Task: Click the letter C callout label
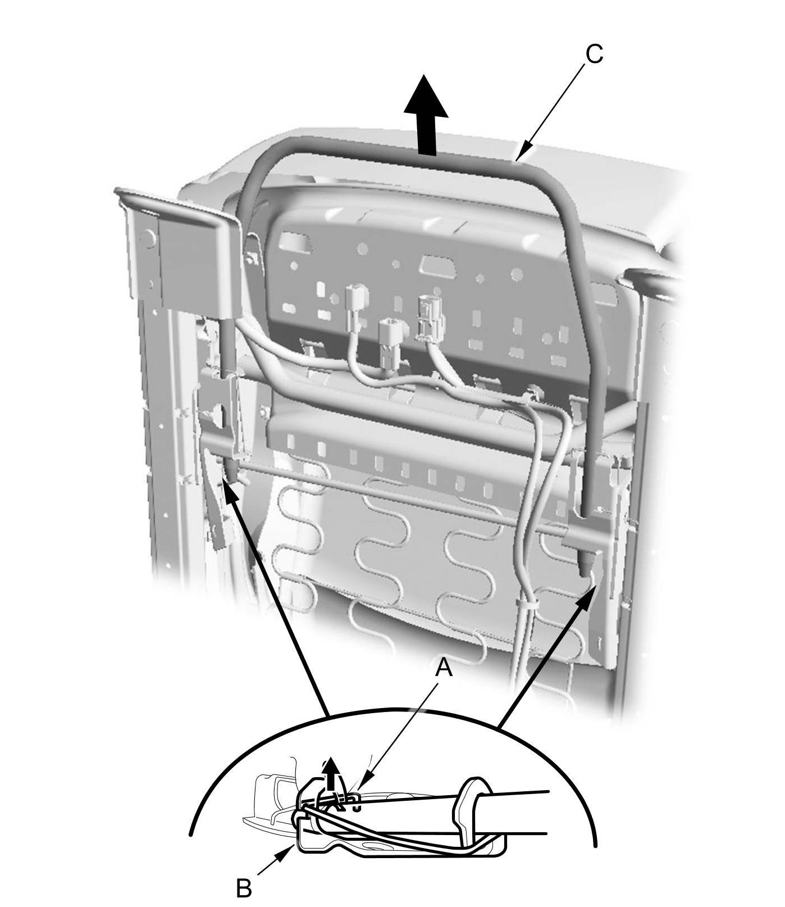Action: pos(594,55)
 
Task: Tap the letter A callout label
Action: pos(444,668)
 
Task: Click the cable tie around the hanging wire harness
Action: pos(526,605)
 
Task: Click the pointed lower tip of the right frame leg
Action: pos(585,568)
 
